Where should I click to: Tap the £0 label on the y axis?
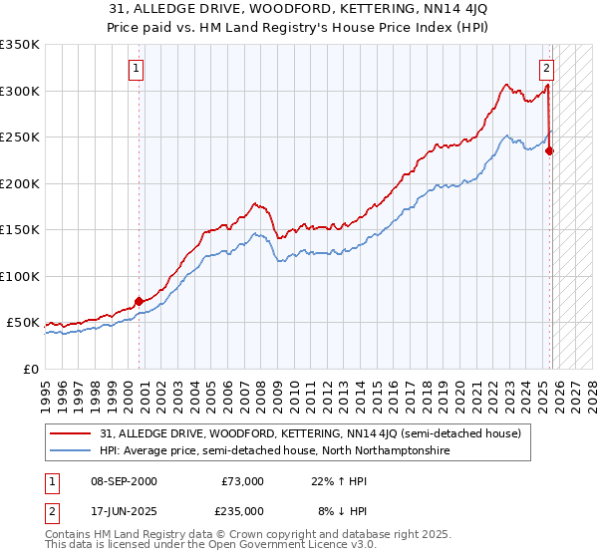coord(31,369)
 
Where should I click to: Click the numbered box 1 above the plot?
coord(135,69)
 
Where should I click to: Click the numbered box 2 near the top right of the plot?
coord(546,69)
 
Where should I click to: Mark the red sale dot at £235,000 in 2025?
coord(550,151)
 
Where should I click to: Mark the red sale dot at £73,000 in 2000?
coord(139,301)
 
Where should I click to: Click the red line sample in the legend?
coord(71,433)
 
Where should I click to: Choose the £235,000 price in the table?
coord(242,510)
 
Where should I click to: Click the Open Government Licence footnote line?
coord(200,547)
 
